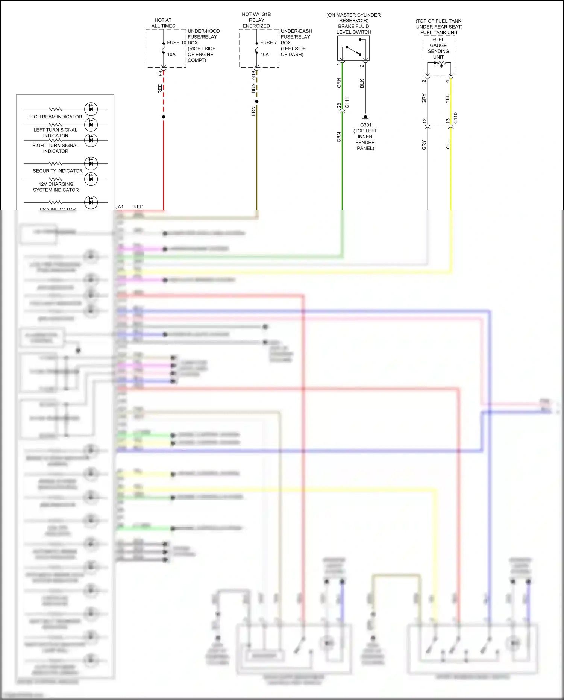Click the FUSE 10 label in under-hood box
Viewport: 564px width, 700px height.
pyautogui.click(x=176, y=43)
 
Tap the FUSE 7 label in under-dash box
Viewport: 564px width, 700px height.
pyautogui.click(x=268, y=43)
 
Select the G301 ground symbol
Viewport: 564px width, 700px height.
pyautogui.click(x=365, y=118)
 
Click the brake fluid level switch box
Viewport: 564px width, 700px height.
pyautogui.click(x=353, y=48)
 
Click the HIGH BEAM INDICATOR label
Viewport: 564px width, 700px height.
pyautogui.click(x=56, y=117)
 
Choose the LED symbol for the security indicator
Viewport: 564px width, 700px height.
pyautogui.click(x=91, y=164)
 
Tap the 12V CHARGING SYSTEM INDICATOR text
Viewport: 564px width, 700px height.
pyautogui.click(x=56, y=187)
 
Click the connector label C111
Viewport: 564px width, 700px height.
pyautogui.click(x=347, y=103)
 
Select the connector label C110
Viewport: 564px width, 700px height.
pyautogui.click(x=456, y=118)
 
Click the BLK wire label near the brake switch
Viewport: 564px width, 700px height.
pyautogui.click(x=362, y=84)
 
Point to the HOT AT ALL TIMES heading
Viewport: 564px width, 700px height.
pyautogui.click(x=163, y=23)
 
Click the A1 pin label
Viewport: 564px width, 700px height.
pyautogui.click(x=121, y=207)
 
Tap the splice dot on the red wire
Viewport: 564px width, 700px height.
pyautogui.click(x=164, y=117)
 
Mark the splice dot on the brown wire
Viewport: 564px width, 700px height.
pyautogui.click(x=257, y=102)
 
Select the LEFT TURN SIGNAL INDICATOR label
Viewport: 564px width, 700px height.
pyautogui.click(x=56, y=133)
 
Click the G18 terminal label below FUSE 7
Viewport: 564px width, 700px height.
pyautogui.click(x=254, y=75)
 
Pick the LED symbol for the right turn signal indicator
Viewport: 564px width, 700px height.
pyautogui.click(x=91, y=140)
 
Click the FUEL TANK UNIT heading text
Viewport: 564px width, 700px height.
pyautogui.click(x=439, y=33)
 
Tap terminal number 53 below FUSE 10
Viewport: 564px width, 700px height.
pyautogui.click(x=161, y=73)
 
